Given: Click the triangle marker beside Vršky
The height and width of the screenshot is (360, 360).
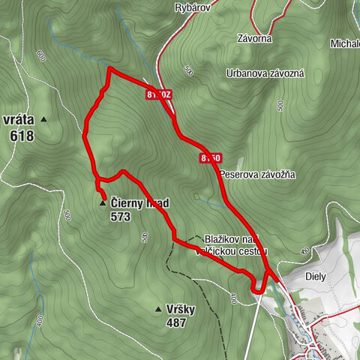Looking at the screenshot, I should (x=158, y=309).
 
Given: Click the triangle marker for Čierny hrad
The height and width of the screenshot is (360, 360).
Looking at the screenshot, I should (x=102, y=203).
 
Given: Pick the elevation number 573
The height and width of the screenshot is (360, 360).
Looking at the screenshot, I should (x=120, y=217).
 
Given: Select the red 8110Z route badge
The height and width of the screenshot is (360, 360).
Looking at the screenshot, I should (x=160, y=95).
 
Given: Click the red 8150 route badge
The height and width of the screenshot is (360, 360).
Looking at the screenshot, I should (x=211, y=158).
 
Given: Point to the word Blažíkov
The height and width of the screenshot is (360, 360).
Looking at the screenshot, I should (x=223, y=238).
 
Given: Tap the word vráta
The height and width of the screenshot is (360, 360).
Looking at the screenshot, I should (x=18, y=119).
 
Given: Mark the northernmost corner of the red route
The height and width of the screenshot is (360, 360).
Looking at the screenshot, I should (x=110, y=68).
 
